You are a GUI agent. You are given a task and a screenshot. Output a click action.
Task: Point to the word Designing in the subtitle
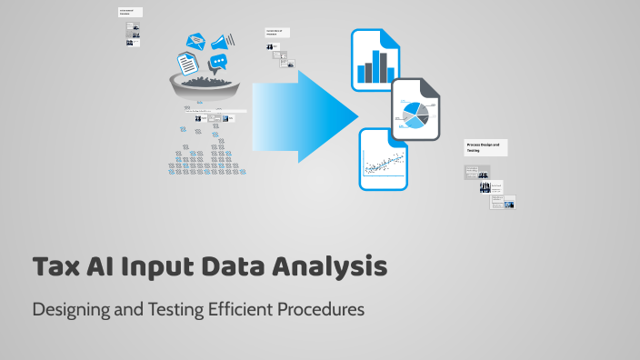[x=65, y=309]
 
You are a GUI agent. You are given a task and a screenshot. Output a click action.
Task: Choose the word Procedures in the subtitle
[x=321, y=309]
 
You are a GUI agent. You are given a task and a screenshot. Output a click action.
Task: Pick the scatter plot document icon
[x=384, y=158]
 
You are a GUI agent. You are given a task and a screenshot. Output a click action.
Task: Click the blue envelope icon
[x=197, y=42]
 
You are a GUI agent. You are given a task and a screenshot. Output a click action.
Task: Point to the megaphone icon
[x=224, y=40]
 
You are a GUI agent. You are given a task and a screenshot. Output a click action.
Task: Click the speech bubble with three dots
[x=218, y=64]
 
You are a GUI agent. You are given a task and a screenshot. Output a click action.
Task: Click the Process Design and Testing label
[x=485, y=147]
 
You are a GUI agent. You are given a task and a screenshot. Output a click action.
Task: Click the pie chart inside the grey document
[x=410, y=116]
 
